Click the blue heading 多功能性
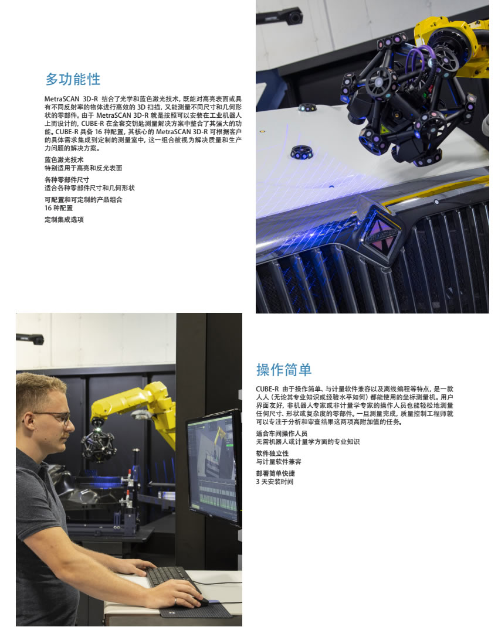pyautogui.click(x=73, y=79)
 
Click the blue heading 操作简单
pyautogui.click(x=284, y=370)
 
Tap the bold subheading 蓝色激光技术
pyautogui.click(x=64, y=160)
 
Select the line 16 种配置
pyautogui.click(x=59, y=208)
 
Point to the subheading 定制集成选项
pyautogui.click(x=64, y=220)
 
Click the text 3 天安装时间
pyautogui.click(x=275, y=482)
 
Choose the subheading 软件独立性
pyautogui.click(x=272, y=454)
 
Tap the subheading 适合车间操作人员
pyautogui.click(x=282, y=434)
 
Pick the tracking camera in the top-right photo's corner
pyautogui.click(x=280, y=16)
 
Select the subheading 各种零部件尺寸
pyautogui.click(x=67, y=180)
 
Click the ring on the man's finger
pyautogui.click(x=175, y=601)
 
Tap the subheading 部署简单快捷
pyautogui.click(x=276, y=473)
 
